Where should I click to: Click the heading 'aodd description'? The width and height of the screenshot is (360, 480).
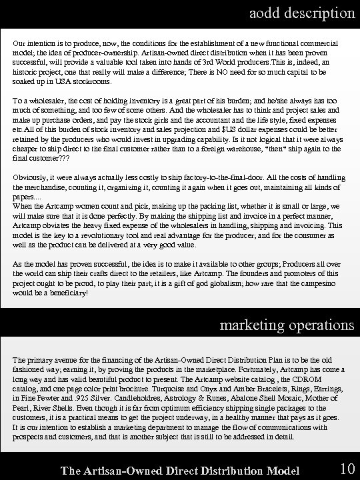pos(302,13)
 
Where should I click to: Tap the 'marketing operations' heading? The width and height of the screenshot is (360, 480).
pos(287,325)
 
